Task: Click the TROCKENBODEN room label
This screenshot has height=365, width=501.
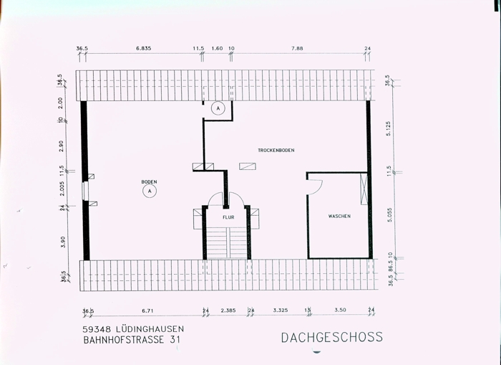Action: [x=276, y=150]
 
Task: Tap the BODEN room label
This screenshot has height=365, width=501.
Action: [x=149, y=182]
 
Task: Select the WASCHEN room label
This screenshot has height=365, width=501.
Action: [x=339, y=216]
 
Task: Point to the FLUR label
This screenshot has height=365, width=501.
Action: [x=228, y=216]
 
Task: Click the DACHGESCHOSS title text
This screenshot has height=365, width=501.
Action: [x=331, y=337]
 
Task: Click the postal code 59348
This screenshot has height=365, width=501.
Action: [x=97, y=329]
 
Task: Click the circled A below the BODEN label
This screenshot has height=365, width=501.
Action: [x=150, y=191]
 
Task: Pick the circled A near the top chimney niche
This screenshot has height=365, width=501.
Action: [x=218, y=108]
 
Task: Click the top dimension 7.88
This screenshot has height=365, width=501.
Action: [x=298, y=49]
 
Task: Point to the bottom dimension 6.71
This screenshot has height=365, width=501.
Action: [x=148, y=311]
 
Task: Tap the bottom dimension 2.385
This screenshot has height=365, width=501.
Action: [x=228, y=311]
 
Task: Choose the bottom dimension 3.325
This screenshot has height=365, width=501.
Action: [x=280, y=311]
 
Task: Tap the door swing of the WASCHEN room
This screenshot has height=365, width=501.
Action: [x=314, y=185]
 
